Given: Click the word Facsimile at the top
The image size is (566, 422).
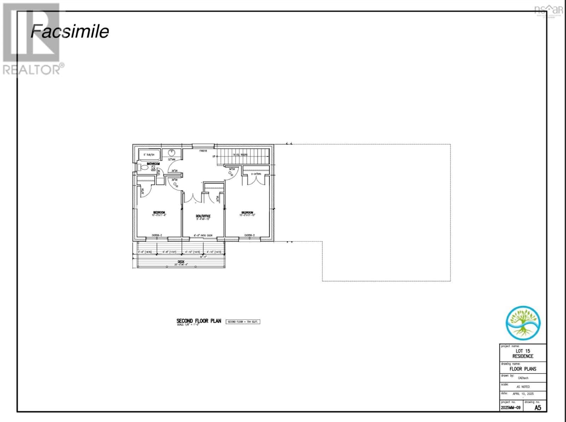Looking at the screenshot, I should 70,31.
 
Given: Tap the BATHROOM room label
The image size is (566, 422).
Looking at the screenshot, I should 153,164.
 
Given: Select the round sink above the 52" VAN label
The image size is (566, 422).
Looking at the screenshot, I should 172,153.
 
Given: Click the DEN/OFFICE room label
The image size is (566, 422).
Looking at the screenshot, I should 203,216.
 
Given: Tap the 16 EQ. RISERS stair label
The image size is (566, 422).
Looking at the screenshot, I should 240,155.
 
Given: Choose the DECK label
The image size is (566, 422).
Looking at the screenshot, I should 181,262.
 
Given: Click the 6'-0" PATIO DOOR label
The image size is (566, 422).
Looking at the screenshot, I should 203,235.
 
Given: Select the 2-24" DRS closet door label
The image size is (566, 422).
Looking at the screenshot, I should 256,174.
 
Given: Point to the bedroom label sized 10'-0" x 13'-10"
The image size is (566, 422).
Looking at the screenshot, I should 247,214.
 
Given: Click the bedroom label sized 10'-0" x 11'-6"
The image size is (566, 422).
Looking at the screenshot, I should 159,214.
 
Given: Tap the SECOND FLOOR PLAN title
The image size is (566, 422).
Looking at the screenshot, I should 198,321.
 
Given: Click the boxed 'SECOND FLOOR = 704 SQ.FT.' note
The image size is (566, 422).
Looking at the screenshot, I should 243,322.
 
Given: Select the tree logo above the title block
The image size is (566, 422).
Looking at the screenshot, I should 523,323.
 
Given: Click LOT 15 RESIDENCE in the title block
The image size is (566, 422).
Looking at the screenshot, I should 522,354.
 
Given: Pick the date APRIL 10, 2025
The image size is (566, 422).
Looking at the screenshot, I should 523,394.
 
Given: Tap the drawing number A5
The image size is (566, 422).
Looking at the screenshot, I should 537,407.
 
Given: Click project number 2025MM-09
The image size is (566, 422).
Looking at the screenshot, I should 510,408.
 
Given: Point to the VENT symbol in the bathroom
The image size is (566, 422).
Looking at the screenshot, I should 154,170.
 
